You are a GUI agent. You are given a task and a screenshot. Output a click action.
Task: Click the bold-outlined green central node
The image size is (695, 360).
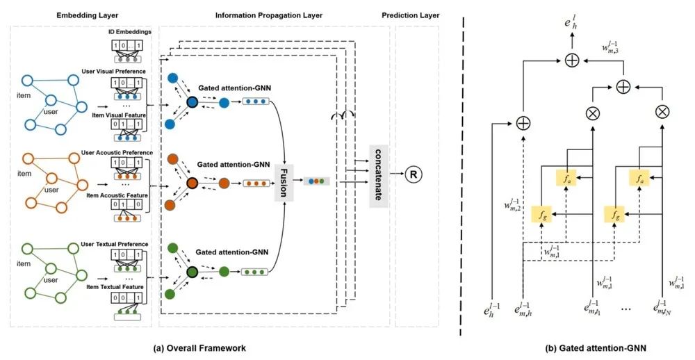(x=191, y=272)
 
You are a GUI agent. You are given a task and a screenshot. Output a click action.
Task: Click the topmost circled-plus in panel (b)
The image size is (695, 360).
(x=571, y=60)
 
